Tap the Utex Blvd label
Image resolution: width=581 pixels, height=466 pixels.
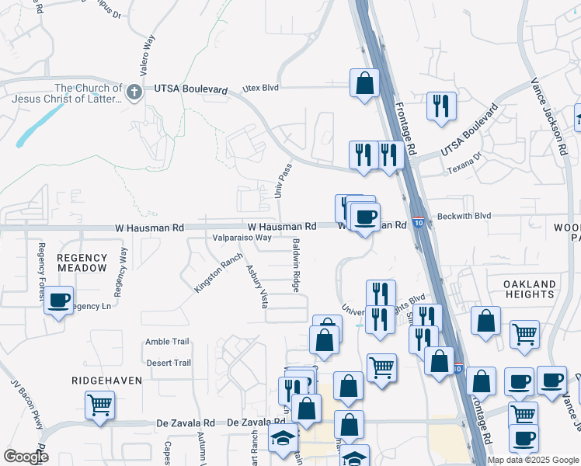[259, 89]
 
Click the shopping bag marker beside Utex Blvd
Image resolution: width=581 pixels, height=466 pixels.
[364, 82]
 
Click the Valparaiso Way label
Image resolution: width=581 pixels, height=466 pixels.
[242, 238]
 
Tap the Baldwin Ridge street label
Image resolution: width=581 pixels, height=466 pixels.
[296, 266]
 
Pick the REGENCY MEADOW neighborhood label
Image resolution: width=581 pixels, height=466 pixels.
[82, 263]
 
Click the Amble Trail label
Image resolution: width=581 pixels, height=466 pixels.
[167, 342]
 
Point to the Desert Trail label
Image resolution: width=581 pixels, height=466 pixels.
[168, 363]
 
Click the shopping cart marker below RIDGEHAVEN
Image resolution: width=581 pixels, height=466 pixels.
[100, 404]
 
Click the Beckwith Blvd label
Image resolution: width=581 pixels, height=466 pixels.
[464, 216]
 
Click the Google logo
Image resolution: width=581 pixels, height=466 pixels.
[26, 457]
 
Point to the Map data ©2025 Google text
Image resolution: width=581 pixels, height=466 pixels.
[533, 460]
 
